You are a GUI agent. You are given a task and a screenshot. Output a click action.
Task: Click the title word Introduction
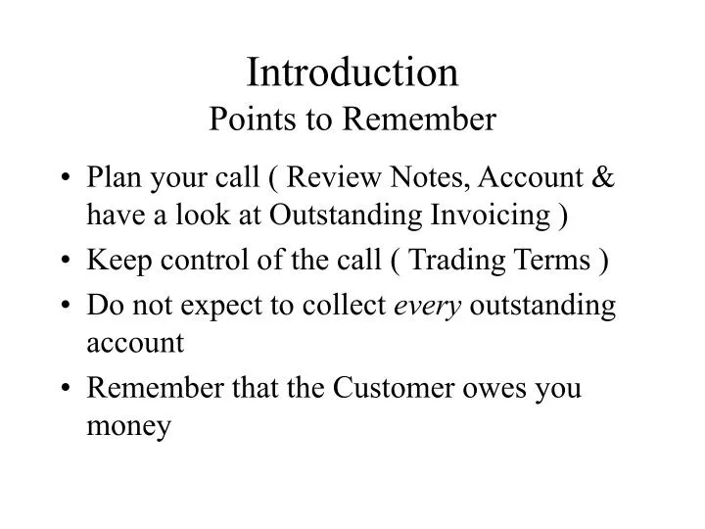(352, 72)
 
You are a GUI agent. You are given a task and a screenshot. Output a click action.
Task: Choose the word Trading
(453, 262)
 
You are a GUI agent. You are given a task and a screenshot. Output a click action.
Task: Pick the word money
(129, 428)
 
